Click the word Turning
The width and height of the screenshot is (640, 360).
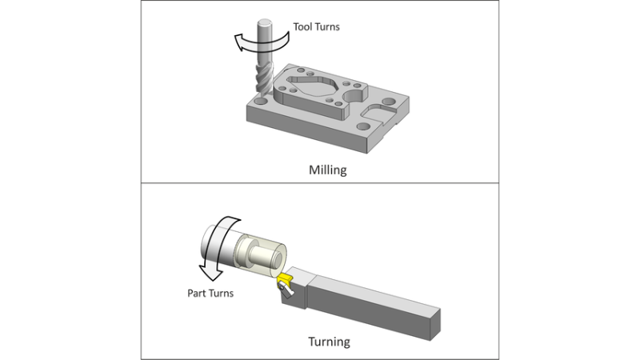(x=329, y=342)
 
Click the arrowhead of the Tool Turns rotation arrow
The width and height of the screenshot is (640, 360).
(x=234, y=46)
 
